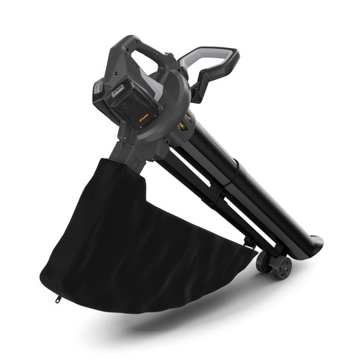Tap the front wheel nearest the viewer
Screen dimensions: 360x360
[281, 267]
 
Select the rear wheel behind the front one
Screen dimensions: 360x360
[263, 261]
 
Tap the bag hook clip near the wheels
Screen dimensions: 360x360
[248, 243]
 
